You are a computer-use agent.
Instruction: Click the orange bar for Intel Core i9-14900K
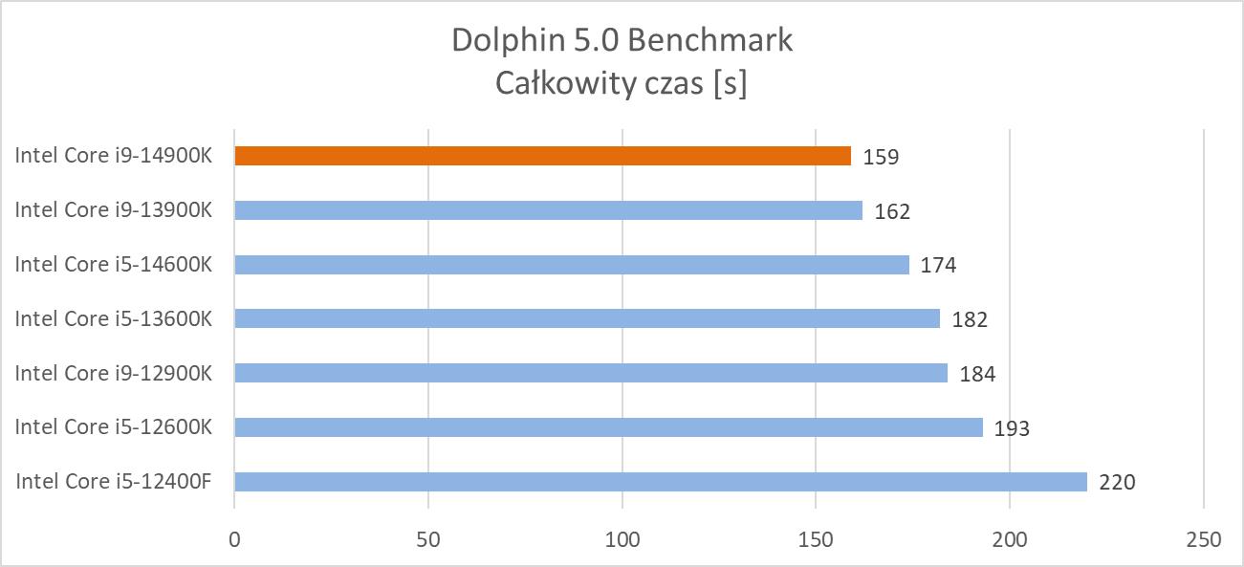[542, 156]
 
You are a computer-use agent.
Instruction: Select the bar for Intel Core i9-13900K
[548, 210]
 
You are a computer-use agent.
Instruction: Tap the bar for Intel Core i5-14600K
[572, 265]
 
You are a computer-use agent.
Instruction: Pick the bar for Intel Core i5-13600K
[587, 318]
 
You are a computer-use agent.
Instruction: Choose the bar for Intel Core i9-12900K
[591, 373]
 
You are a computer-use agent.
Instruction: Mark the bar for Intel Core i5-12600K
[608, 427]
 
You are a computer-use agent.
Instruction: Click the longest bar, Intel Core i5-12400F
[661, 481]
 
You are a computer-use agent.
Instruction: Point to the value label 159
[881, 157]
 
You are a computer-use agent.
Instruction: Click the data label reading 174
[938, 265]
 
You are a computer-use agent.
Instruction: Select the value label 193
[1012, 428]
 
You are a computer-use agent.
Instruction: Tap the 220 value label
[1117, 482]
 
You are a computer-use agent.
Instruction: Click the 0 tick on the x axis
[234, 540]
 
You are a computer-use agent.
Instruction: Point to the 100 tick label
[622, 540]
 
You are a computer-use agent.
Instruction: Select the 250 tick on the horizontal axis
[1203, 540]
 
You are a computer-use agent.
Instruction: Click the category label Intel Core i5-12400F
[113, 481]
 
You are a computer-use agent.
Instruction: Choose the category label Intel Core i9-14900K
[113, 156]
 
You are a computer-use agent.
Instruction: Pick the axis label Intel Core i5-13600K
[113, 318]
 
